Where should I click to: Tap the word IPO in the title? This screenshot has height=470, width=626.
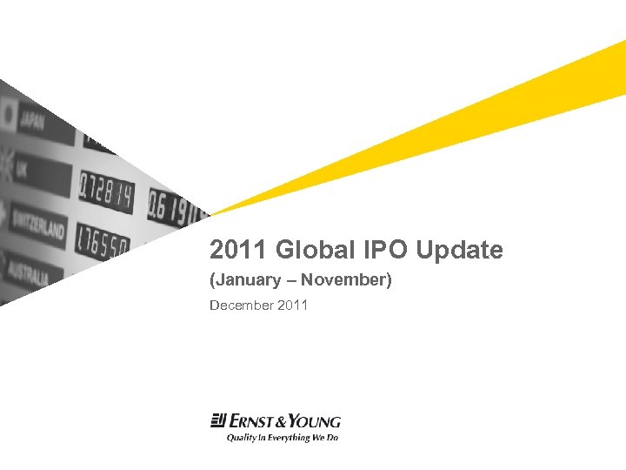click(x=383, y=251)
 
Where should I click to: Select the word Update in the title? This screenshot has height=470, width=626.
click(x=459, y=251)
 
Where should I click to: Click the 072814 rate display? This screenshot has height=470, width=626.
click(x=106, y=191)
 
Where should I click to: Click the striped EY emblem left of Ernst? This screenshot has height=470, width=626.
click(x=218, y=421)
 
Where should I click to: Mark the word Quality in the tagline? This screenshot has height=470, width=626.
click(x=241, y=438)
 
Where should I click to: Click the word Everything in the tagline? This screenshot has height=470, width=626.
click(x=290, y=438)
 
